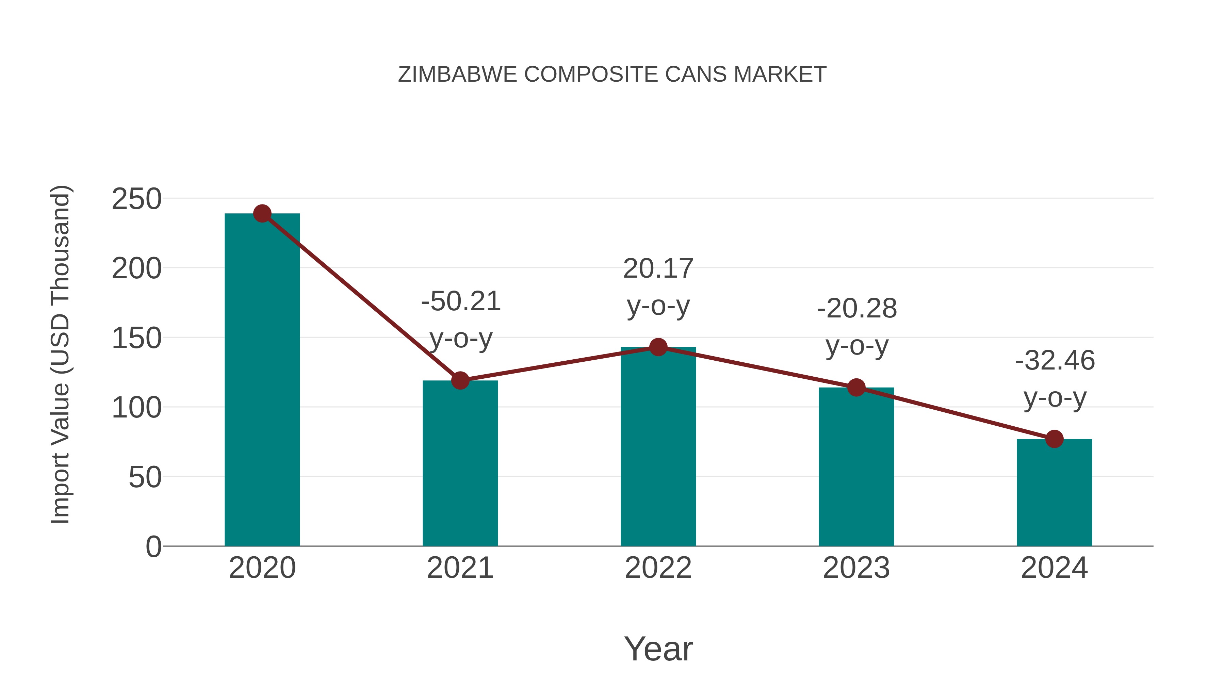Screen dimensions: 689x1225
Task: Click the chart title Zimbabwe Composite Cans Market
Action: coord(612,75)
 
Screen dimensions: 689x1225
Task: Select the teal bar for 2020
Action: coord(262,380)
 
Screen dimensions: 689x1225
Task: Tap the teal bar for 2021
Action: coord(460,464)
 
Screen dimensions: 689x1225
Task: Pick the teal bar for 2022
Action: coord(658,447)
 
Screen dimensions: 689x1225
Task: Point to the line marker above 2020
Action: coord(262,213)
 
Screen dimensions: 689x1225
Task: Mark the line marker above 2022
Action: coord(658,347)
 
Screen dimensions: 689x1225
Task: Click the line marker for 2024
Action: coord(1054,439)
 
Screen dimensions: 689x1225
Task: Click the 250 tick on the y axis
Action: coord(136,199)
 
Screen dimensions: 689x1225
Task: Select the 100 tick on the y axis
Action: coord(136,408)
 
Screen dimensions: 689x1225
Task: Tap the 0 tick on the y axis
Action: coord(153,547)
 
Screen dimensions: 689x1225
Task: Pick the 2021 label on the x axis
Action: coord(460,568)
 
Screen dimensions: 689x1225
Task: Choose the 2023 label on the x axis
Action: coord(856,568)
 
